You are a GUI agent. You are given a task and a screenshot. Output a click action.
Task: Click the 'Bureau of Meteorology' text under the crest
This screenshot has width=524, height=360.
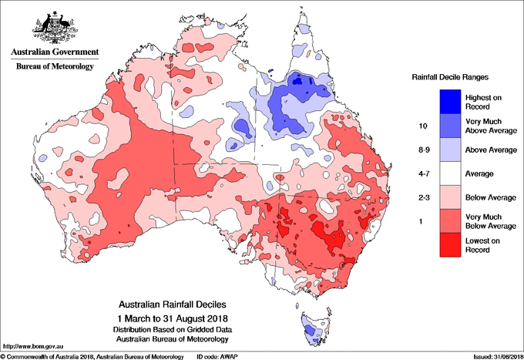coord(54,67)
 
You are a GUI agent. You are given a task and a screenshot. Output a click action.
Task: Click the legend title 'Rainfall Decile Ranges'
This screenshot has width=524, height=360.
coord(449,77)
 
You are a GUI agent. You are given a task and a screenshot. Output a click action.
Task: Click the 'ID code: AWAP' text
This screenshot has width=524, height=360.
coord(219,356)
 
